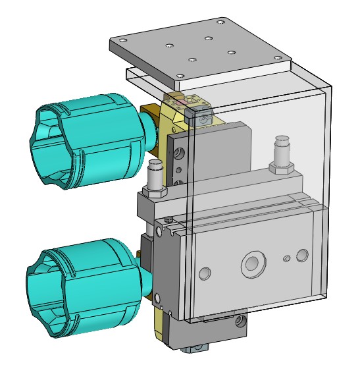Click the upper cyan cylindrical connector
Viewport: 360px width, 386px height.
(x=99, y=142)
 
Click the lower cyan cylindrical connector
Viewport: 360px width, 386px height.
(x=92, y=290)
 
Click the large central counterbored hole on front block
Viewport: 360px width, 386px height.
(x=251, y=265)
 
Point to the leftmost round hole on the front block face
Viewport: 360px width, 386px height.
(x=205, y=271)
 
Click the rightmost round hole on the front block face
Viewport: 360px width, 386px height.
(x=302, y=255)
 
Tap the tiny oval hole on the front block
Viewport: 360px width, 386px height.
(x=286, y=259)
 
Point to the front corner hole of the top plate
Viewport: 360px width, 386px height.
(x=180, y=75)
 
